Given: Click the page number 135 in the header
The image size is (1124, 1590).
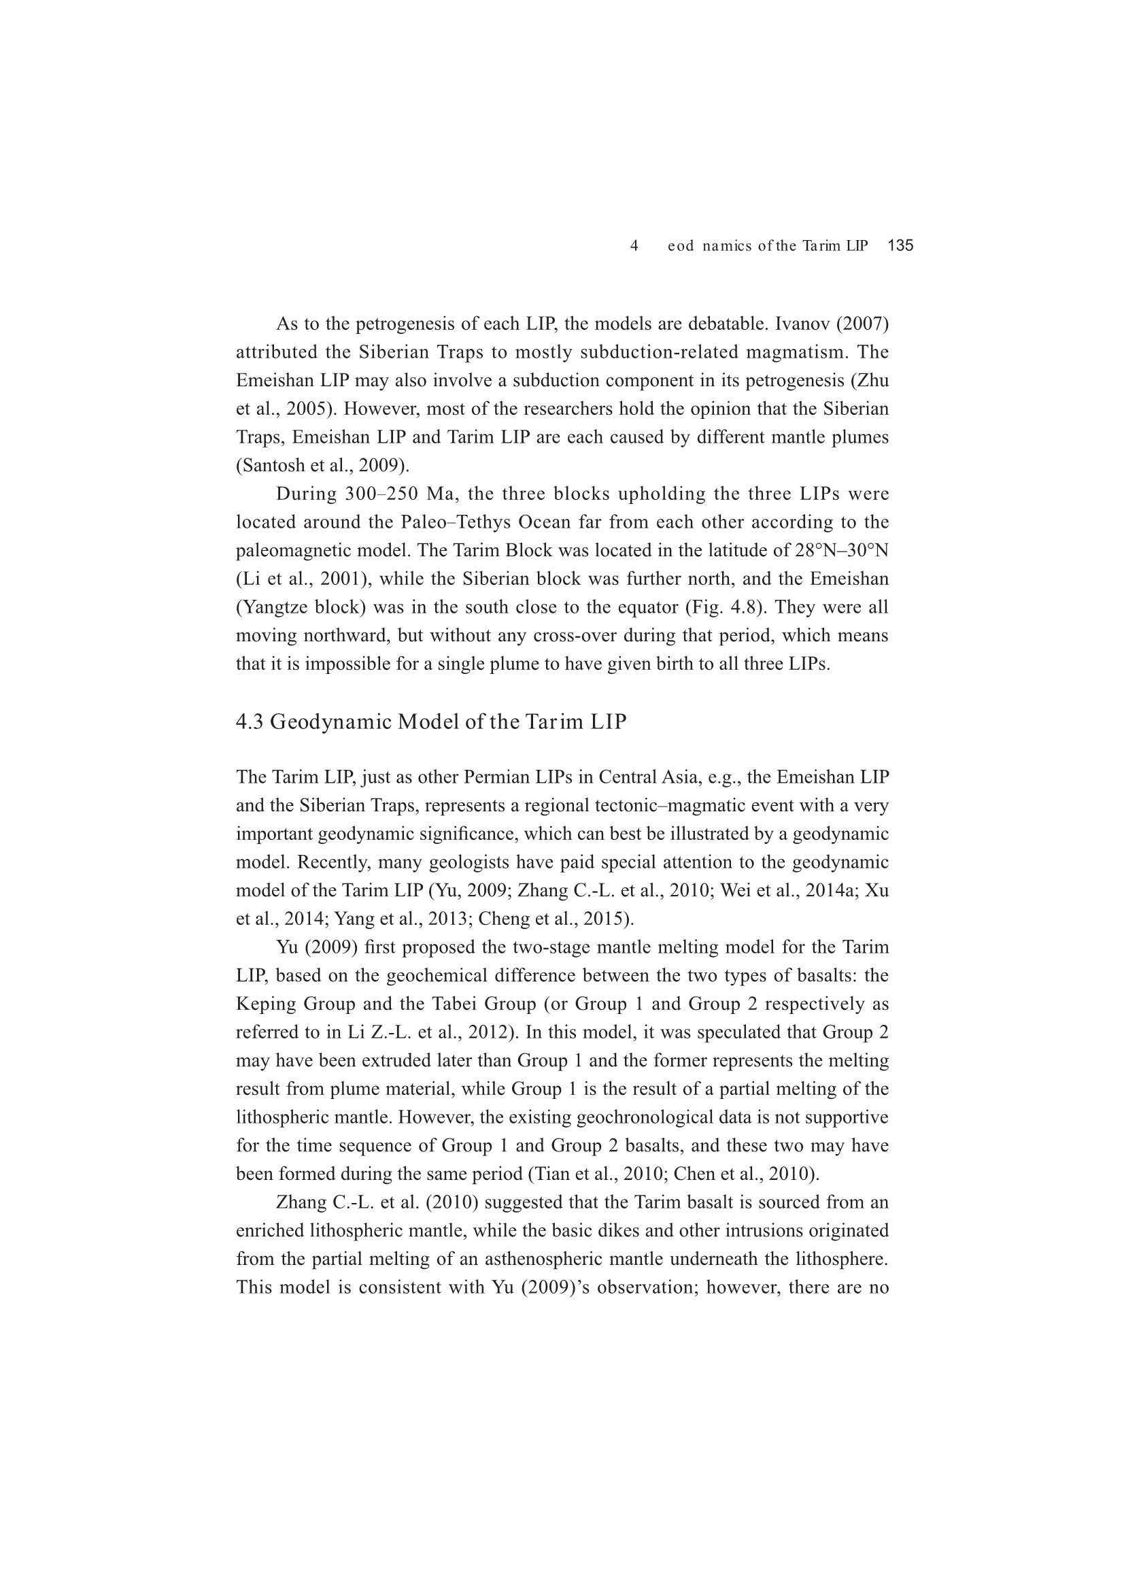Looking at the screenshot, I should tap(900, 245).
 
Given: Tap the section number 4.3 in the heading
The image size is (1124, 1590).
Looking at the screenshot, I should tap(250, 722).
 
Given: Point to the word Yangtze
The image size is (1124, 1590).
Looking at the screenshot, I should tap(274, 607).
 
